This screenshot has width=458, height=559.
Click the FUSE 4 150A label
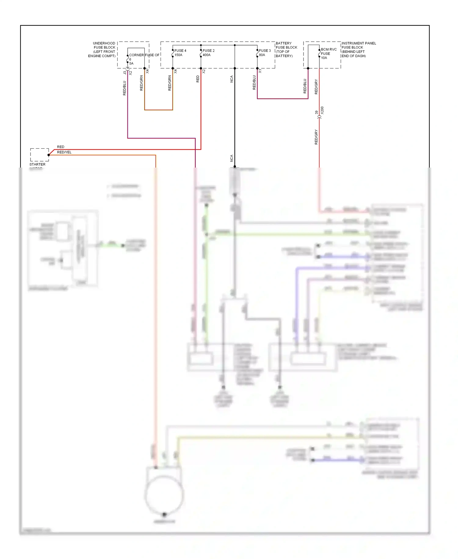pos(180,53)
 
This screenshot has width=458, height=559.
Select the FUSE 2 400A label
pos(209,53)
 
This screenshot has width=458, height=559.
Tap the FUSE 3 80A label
pos(264,53)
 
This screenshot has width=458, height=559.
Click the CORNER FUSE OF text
pos(144,55)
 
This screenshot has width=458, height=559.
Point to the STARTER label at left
pos(37,165)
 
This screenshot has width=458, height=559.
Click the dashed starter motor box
pos(39,155)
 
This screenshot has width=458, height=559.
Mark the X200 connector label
pos(322,110)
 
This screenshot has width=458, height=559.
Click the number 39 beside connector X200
pos(316,113)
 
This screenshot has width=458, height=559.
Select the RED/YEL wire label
pos(64,152)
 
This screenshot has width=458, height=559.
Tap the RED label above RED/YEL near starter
pos(60,147)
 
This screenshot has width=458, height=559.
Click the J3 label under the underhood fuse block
pos(125,73)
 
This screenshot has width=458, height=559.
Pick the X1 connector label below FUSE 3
pos(260,71)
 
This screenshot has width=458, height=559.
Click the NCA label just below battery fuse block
pos(231,79)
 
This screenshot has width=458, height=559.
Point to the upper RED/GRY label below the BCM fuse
pos(316,87)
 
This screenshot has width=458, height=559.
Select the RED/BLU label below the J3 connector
pos(124,88)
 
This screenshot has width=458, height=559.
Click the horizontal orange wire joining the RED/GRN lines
pos(158,110)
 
